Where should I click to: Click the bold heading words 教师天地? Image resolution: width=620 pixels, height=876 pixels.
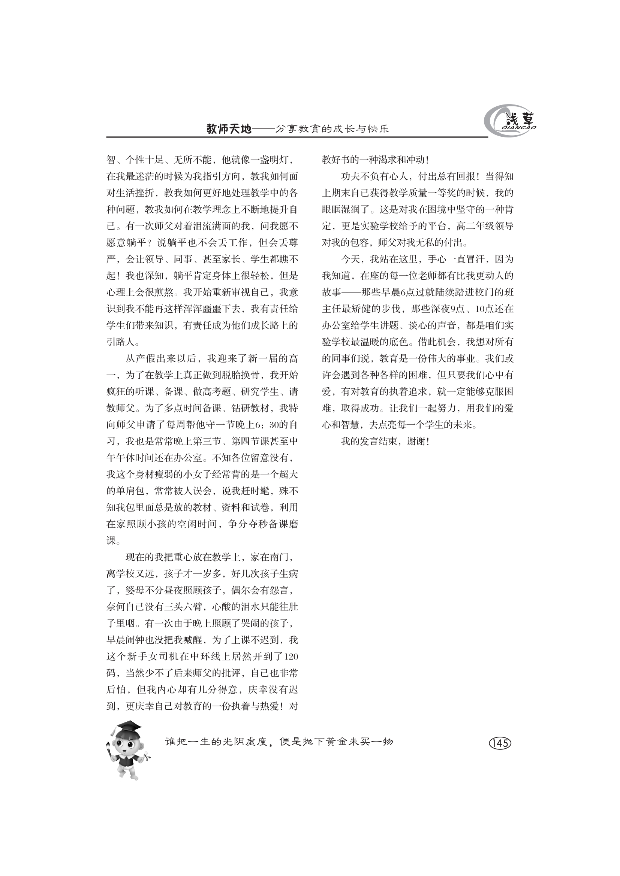coord(229,129)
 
